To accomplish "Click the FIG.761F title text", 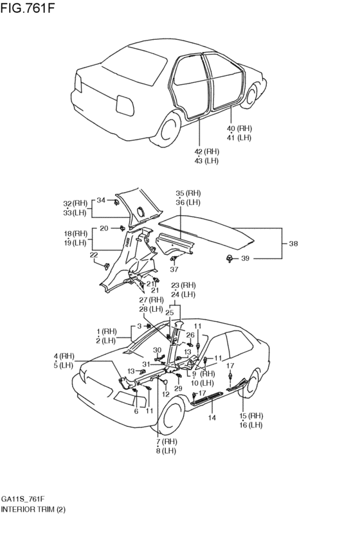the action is click(28, 8).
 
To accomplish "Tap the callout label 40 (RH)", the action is click(239, 129).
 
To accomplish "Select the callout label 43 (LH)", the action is click(206, 161).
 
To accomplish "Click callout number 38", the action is click(293, 244).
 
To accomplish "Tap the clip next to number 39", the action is click(230, 258).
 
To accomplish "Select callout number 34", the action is click(101, 201).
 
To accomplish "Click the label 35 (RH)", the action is click(188, 193).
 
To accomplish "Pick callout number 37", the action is click(174, 269).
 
